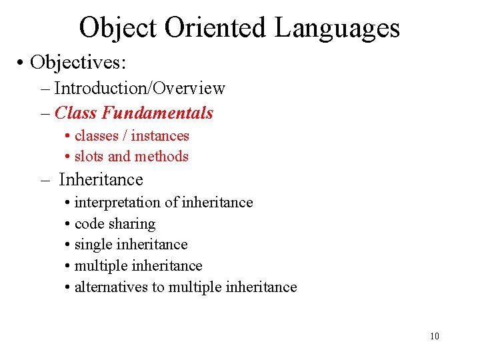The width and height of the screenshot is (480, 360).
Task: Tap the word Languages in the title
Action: [x=337, y=28]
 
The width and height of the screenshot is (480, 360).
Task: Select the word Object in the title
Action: [x=117, y=28]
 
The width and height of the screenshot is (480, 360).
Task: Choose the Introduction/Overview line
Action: [x=140, y=88]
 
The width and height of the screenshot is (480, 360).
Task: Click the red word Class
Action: [x=76, y=113]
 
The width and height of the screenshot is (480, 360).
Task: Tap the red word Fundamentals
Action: [x=158, y=113]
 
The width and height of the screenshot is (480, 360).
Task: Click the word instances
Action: [x=160, y=136]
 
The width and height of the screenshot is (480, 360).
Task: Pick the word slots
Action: [x=89, y=157]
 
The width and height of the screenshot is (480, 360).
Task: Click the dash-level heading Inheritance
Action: [x=101, y=179]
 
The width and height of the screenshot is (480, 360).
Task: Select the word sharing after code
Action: [x=132, y=223]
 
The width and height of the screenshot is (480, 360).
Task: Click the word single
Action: [x=91, y=245]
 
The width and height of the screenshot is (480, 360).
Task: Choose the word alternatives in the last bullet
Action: [x=111, y=287]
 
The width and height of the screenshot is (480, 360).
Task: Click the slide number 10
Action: [x=435, y=336]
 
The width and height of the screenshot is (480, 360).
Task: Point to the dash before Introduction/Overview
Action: [x=45, y=89]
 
